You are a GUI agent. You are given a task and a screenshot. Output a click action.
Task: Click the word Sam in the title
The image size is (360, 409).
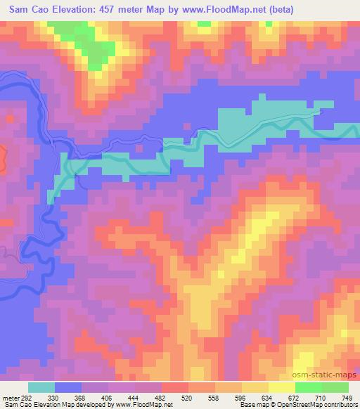point(21,10)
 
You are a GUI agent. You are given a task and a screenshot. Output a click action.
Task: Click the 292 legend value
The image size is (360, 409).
point(25,396)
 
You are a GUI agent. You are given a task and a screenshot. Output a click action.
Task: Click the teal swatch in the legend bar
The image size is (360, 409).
point(41,387)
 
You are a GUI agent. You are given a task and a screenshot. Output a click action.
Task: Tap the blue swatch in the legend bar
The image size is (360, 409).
point(68,387)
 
